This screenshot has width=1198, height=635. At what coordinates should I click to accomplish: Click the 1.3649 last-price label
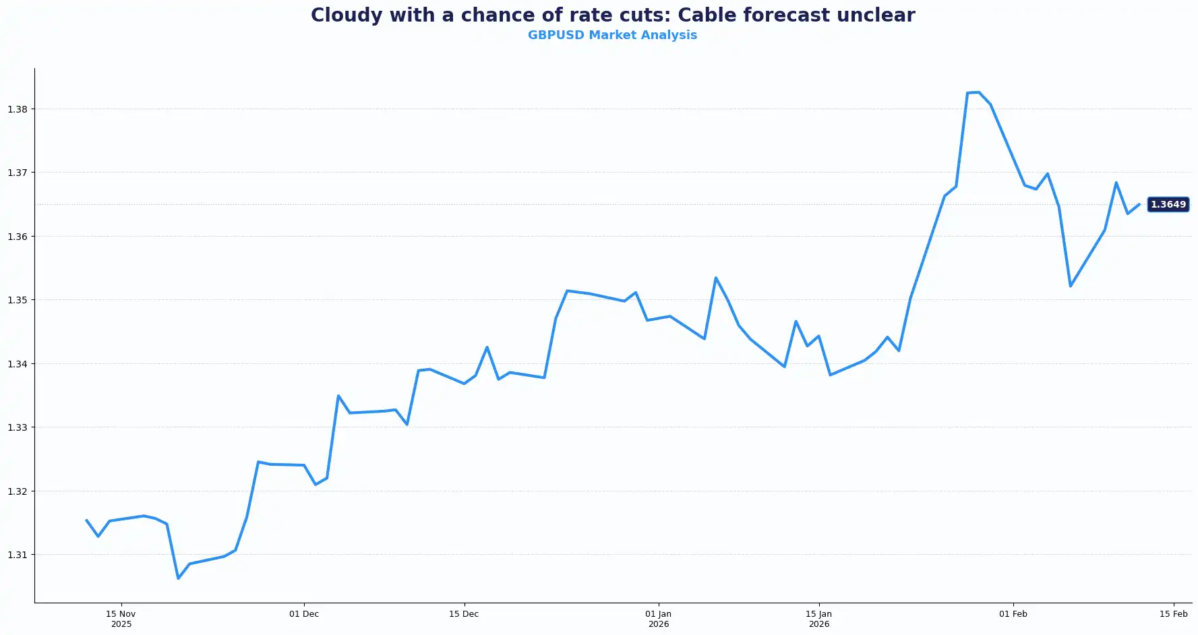[1168, 204]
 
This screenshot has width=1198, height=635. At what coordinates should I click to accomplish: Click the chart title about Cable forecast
[612, 16]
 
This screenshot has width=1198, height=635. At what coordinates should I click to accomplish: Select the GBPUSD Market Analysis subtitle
[612, 35]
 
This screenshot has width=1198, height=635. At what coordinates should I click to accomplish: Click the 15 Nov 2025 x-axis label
[121, 619]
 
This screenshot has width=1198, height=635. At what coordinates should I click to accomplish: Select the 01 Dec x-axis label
[304, 614]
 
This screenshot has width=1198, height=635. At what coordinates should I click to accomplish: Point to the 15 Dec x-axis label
[464, 614]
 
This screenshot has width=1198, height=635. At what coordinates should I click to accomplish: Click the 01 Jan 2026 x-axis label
[659, 619]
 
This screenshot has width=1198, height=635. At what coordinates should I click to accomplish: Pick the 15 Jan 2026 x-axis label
[819, 619]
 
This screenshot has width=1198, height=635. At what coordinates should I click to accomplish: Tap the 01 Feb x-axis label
[1013, 614]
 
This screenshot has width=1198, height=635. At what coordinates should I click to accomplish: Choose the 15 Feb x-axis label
[1174, 614]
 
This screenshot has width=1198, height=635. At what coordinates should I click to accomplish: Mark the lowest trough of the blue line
[178, 578]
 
